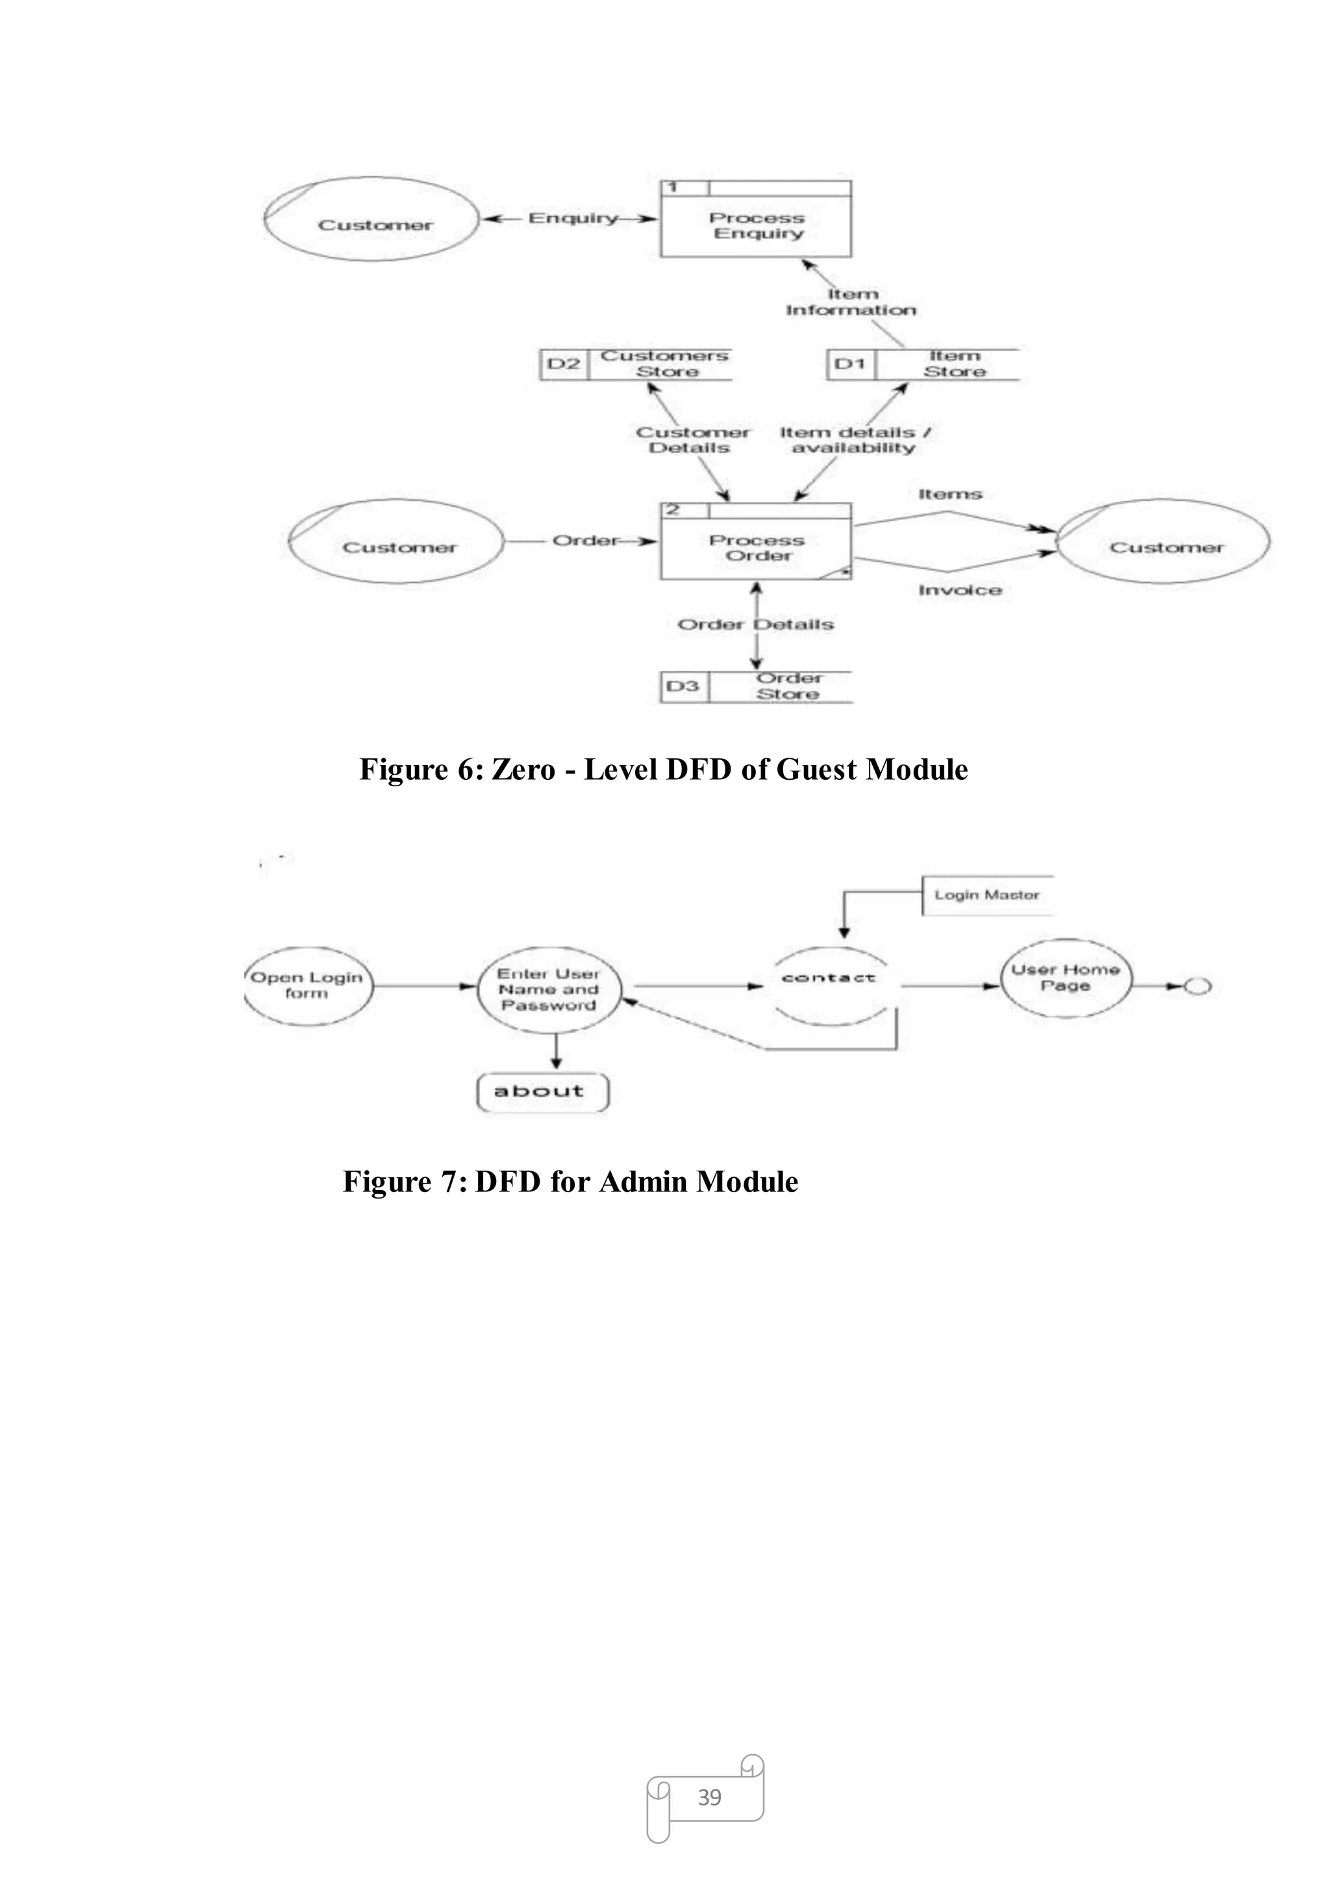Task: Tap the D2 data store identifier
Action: [x=564, y=364]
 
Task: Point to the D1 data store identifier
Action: [x=850, y=364]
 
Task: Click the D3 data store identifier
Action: [x=683, y=686]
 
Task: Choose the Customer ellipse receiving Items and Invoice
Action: [x=1164, y=542]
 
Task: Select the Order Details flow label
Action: [x=755, y=625]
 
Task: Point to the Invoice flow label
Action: [x=960, y=590]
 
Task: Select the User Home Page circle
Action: [x=1066, y=978]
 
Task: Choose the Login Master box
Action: [x=987, y=895]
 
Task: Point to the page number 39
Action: [x=709, y=1797]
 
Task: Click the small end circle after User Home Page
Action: [x=1198, y=987]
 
